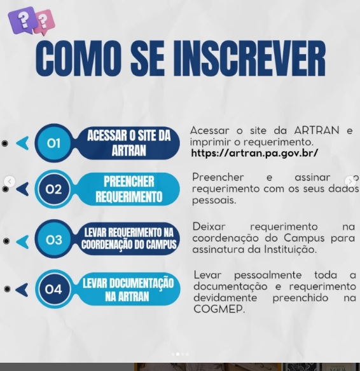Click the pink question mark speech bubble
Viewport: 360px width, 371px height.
pyautogui.click(x=45, y=22)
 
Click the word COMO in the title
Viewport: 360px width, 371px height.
pyautogui.click(x=77, y=58)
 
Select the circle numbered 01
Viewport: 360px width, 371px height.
pyautogui.click(x=53, y=143)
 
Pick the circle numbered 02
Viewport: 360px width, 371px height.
pyautogui.click(x=53, y=189)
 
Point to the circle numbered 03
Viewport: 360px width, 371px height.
pyautogui.click(x=54, y=239)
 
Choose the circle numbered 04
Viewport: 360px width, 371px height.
pyautogui.click(x=53, y=289)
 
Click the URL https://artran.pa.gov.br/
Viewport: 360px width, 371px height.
pyautogui.click(x=254, y=153)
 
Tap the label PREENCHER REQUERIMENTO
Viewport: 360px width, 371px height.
pyautogui.click(x=129, y=189)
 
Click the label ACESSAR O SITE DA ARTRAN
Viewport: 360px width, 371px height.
pyautogui.click(x=129, y=143)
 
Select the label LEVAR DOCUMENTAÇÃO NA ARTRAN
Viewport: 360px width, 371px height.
pyautogui.click(x=128, y=290)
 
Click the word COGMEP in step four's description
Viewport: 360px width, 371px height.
pyautogui.click(x=219, y=309)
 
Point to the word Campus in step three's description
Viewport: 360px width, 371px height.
pyautogui.click(x=304, y=238)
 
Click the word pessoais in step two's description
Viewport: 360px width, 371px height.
pyautogui.click(x=214, y=201)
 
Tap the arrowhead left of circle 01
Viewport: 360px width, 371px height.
pyautogui.click(x=23, y=143)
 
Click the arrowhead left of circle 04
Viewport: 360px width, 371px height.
pyautogui.click(x=22, y=290)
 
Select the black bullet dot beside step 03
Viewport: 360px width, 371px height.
pyautogui.click(x=6, y=241)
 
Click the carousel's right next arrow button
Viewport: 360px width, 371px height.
pyautogui.click(x=350, y=182)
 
